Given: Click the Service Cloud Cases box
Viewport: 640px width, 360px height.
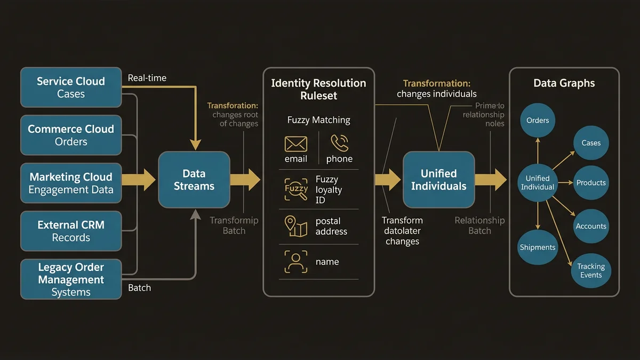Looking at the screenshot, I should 71,87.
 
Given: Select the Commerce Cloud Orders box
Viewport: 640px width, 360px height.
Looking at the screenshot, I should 71,135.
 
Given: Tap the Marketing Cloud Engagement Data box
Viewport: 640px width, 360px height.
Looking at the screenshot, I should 71,183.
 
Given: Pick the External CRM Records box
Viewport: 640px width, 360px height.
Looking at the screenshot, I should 71,231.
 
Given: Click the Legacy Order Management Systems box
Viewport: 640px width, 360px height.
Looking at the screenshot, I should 71,279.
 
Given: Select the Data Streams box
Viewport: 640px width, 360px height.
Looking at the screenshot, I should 194,180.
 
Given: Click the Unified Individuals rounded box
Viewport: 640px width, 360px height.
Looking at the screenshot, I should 438,180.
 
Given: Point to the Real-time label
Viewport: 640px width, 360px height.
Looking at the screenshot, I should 147,78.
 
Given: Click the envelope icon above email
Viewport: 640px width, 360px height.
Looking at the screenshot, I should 296,144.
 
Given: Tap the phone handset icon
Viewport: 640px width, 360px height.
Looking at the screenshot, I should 339,142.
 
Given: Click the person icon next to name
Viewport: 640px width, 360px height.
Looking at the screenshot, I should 296,262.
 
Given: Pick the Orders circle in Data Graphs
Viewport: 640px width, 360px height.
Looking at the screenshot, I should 538,121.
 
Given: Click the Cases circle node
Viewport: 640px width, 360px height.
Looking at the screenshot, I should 591,143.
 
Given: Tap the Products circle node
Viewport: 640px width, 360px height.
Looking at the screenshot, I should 591,183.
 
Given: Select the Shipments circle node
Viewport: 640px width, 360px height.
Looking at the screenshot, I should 538,247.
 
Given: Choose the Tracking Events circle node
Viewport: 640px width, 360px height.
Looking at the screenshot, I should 591,271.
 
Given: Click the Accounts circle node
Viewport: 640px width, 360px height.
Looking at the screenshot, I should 591,226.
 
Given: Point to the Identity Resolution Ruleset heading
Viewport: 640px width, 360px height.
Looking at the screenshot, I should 318,90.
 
